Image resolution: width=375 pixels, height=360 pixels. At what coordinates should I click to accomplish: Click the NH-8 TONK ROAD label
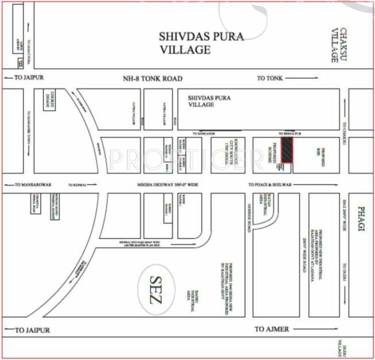(x=153, y=79)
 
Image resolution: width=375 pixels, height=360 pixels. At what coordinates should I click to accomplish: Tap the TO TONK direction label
(x=270, y=78)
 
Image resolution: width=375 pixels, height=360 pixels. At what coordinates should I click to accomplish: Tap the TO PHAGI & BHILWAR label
(x=269, y=184)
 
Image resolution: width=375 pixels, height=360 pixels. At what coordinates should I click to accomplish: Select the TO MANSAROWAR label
(x=33, y=184)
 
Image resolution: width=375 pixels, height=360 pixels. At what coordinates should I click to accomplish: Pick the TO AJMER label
(x=272, y=329)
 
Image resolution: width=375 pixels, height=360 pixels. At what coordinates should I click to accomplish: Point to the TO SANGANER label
(x=204, y=133)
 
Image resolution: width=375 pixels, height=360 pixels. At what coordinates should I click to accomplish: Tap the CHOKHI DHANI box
(x=51, y=100)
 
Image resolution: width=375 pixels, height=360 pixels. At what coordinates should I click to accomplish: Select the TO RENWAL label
(x=77, y=184)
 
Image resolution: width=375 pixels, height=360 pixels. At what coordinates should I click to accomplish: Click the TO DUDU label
(x=344, y=271)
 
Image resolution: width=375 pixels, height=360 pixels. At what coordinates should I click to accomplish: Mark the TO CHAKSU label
(x=344, y=133)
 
